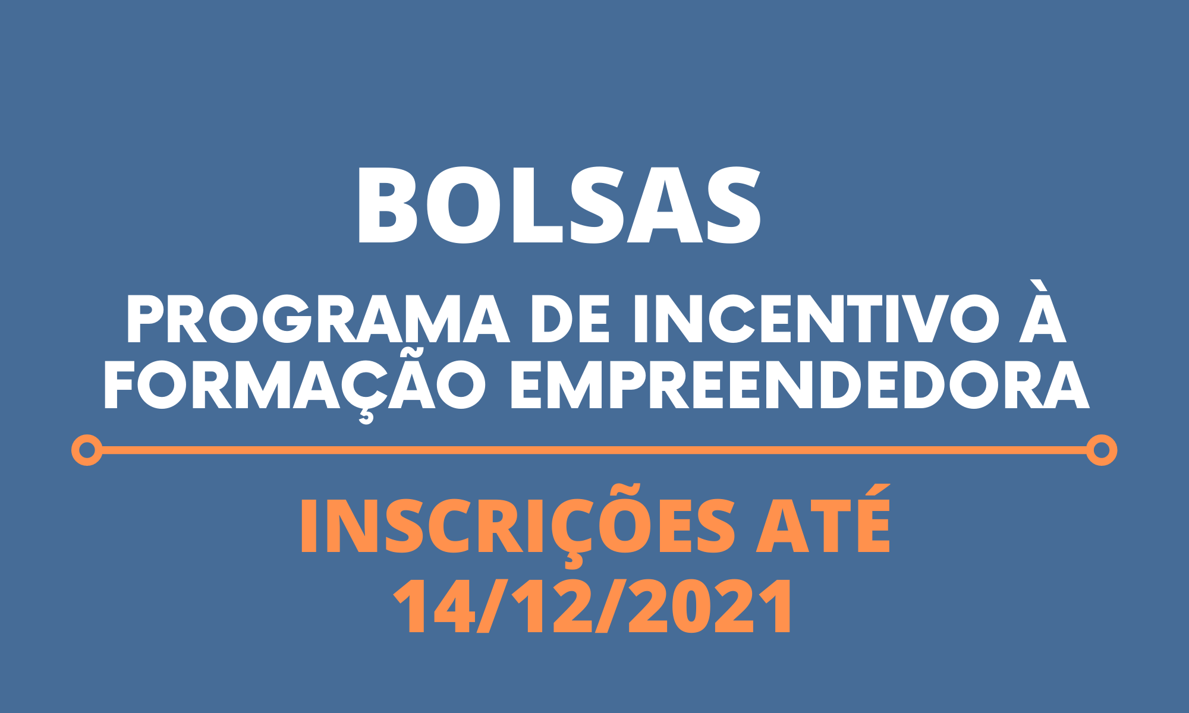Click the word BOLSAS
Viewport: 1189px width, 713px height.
pos(559,205)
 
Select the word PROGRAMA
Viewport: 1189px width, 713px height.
pos(318,320)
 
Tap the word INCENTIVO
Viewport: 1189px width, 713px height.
pos(816,320)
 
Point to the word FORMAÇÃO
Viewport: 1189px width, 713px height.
pos(295,386)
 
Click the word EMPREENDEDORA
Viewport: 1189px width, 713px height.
pos(800,386)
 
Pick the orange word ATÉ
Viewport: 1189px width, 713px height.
pos(823,520)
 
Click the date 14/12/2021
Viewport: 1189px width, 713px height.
pos(593,607)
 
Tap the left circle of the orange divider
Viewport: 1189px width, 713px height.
pos(87,450)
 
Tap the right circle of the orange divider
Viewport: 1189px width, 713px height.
pos(1102,450)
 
